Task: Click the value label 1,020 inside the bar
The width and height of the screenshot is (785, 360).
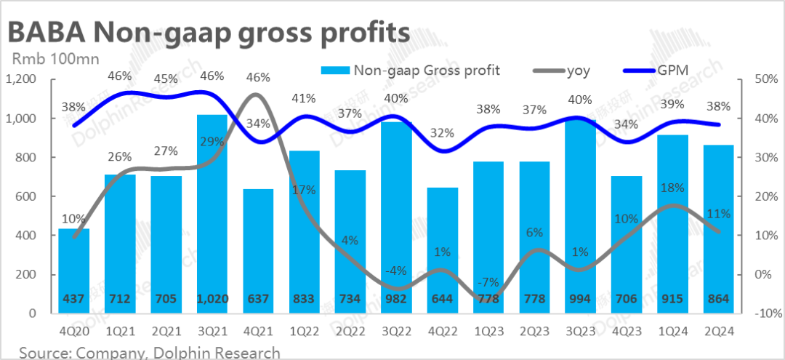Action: coord(212,299)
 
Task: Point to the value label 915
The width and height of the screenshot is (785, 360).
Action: coord(672,299)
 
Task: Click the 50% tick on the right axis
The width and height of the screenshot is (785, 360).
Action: coord(759,79)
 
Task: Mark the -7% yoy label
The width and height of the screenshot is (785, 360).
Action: coord(487,281)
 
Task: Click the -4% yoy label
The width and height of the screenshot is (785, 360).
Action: coord(395,271)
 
